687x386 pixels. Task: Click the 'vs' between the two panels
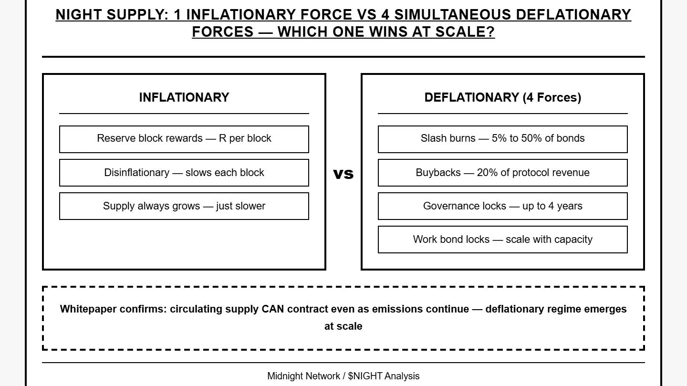pos(343,174)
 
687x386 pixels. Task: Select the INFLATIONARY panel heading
pos(184,97)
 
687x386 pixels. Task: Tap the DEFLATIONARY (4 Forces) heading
pos(502,97)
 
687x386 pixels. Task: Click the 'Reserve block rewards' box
pos(184,139)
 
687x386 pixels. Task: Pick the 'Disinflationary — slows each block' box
pos(184,173)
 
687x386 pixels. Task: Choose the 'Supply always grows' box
pos(184,206)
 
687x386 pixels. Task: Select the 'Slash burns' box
pos(502,139)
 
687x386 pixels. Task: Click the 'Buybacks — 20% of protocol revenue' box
pos(502,173)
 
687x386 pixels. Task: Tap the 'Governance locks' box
pos(502,206)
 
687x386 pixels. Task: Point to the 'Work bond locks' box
pos(502,240)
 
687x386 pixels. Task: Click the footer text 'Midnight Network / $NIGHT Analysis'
pos(343,376)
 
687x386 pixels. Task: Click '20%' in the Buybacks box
pos(487,173)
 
